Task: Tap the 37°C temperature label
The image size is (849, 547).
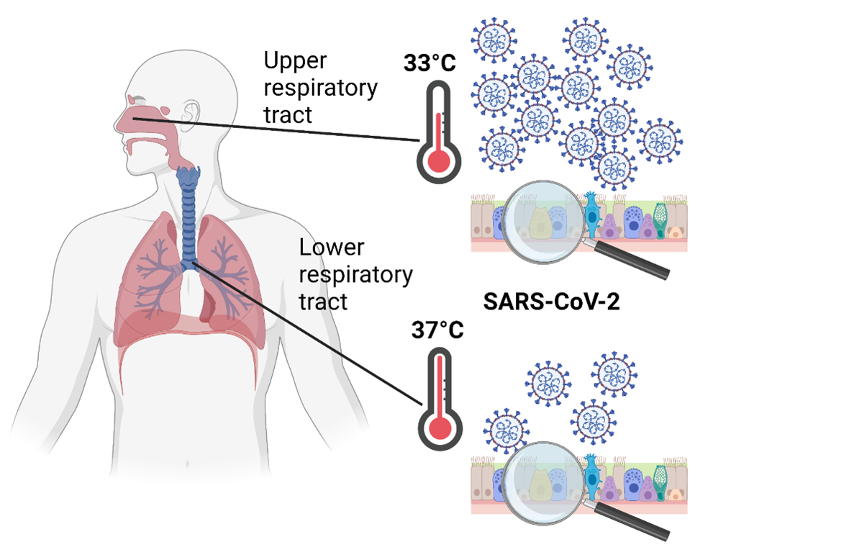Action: click(437, 330)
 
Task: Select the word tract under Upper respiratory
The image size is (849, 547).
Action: click(288, 114)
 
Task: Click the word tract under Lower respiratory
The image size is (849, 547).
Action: click(324, 300)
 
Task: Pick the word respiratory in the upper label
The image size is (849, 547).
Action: click(319, 89)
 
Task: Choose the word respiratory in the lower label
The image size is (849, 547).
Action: click(355, 274)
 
